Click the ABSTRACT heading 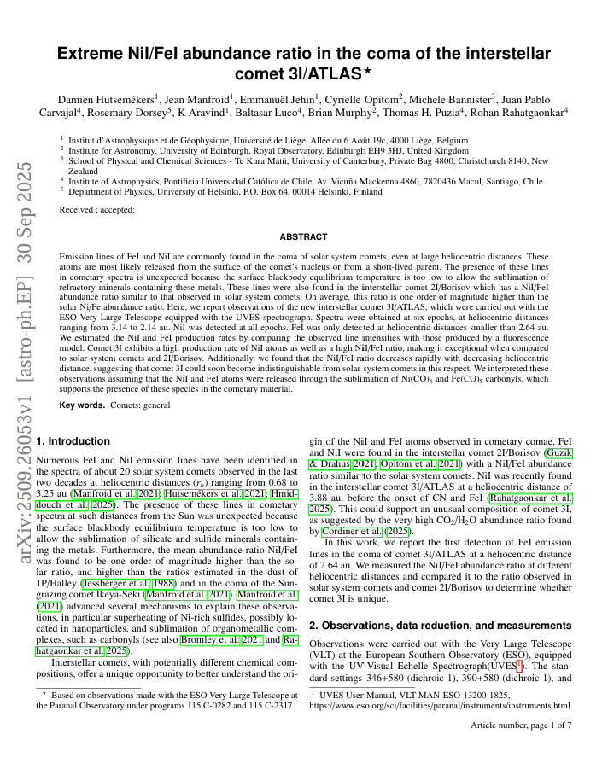304,236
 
